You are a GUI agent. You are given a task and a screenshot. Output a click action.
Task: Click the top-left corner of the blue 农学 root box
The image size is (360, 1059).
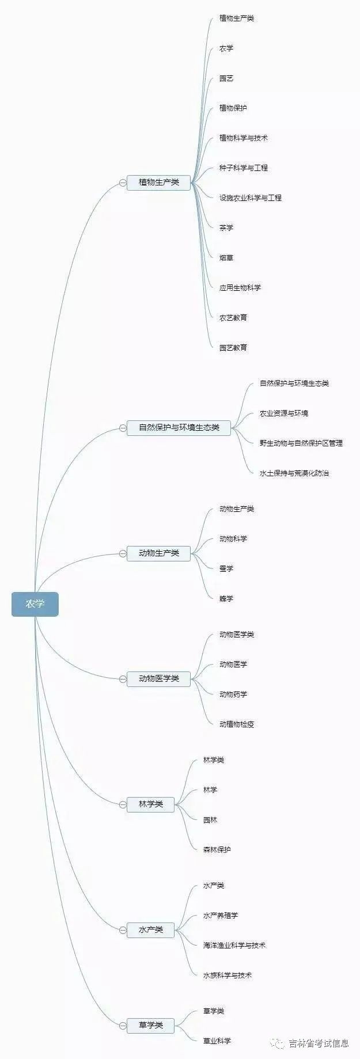coord(12,592)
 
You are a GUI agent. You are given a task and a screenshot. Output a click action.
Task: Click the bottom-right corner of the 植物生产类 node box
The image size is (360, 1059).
coord(191,191)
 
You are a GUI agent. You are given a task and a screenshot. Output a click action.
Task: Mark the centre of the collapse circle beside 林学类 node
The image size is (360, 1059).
coord(123,804)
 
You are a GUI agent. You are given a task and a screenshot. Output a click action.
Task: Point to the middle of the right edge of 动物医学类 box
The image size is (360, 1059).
coord(191,679)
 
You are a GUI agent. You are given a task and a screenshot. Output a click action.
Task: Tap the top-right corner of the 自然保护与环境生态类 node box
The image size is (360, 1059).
coord(230,420)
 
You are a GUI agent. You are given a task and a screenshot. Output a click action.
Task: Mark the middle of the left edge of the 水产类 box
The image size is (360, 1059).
coord(127,930)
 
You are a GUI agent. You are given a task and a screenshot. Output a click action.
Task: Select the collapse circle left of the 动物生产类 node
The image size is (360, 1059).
coord(123,553)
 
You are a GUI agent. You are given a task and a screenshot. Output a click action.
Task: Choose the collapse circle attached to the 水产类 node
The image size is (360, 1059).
coord(123,930)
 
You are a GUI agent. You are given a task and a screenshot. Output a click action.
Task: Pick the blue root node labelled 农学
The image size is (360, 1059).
coord(35,604)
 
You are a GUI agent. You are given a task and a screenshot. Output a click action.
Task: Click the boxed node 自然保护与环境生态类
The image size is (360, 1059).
coord(179,428)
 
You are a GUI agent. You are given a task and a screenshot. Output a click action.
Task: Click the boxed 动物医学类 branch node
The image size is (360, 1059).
coord(158,679)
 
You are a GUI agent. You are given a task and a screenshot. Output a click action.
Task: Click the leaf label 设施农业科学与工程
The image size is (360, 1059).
coord(251,198)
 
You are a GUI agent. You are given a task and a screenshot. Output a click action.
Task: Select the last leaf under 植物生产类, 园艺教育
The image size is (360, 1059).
coord(233,348)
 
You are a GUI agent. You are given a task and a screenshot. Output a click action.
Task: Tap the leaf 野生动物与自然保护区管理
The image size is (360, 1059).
coord(301,443)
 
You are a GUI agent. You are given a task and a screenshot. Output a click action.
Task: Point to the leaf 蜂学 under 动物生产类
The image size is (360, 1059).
coord(226,599)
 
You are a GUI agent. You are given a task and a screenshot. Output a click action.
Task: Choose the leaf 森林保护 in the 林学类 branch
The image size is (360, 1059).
coord(217,850)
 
